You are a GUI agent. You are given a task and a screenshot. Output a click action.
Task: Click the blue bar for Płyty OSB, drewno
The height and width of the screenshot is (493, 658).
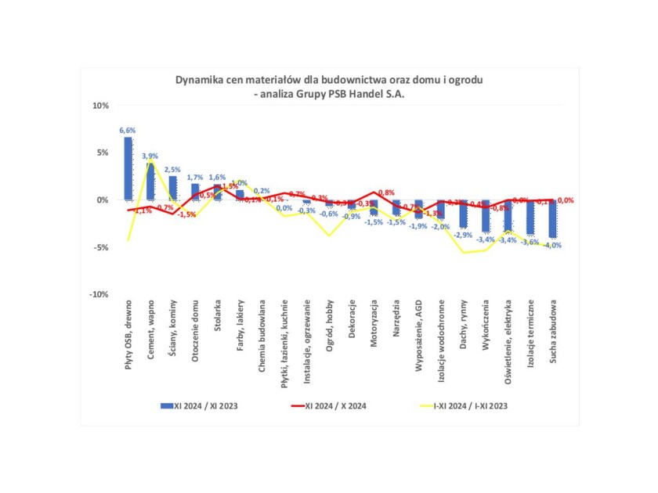pyautogui.click(x=128, y=168)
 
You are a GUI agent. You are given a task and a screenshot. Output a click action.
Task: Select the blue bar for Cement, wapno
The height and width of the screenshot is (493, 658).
pyautogui.click(x=150, y=181)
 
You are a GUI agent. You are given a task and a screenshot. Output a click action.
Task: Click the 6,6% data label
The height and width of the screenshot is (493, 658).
pyautogui.click(x=128, y=131)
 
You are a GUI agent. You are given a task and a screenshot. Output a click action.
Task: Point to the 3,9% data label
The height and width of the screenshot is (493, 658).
pyautogui.click(x=150, y=157)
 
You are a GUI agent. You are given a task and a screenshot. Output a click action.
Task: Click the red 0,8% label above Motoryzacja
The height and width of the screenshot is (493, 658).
pyautogui.click(x=386, y=193)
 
